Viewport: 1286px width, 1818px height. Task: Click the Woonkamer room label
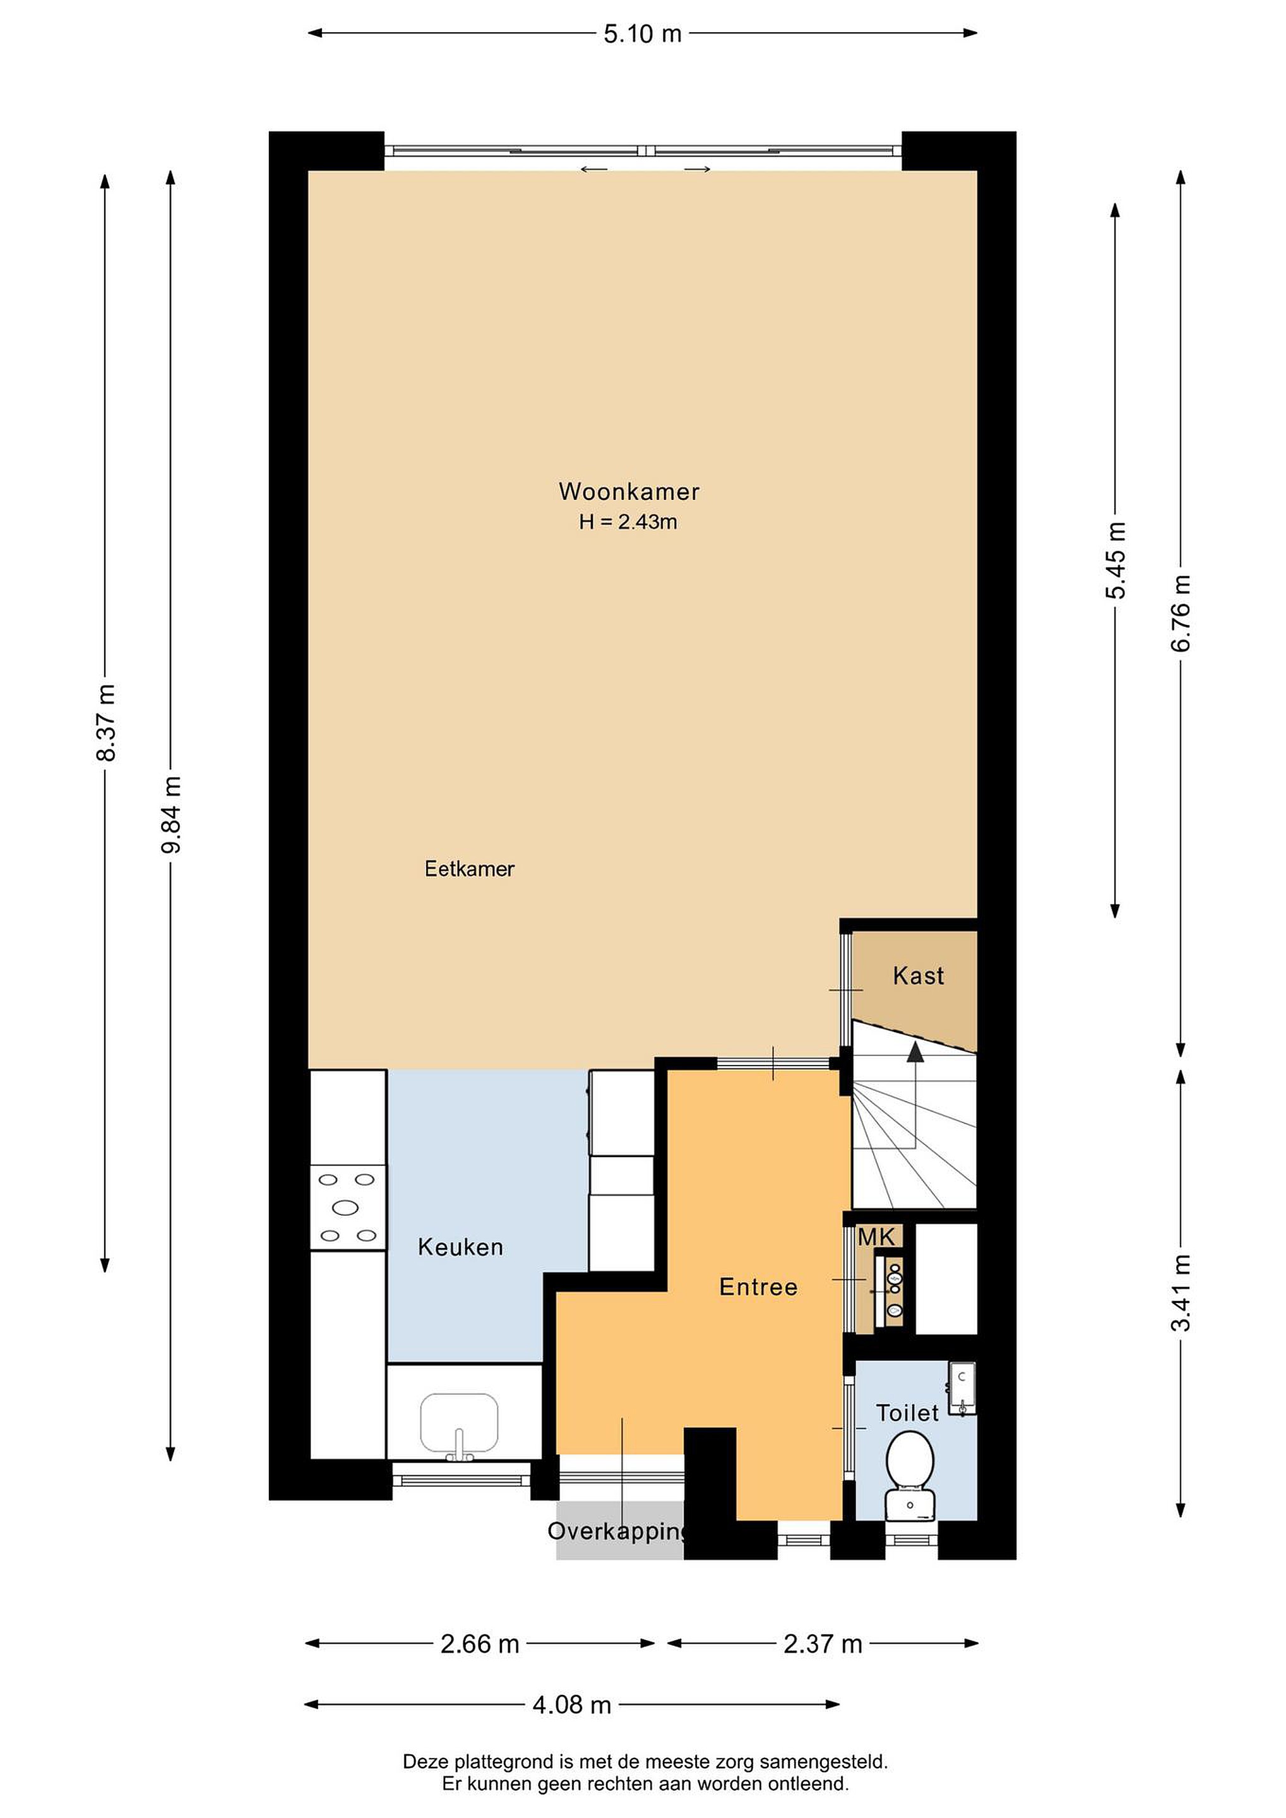629,492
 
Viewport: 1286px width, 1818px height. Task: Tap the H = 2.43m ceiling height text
628,523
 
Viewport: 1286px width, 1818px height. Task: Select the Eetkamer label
470,869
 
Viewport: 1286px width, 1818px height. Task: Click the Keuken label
460,1248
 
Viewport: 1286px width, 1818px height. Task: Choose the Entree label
758,1288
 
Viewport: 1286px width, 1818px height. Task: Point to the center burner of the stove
346,1208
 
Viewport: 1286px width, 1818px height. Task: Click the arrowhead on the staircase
915,1052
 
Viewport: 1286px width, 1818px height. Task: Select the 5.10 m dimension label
642,34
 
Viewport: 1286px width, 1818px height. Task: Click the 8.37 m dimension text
105,722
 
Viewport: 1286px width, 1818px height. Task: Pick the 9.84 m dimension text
171,815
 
